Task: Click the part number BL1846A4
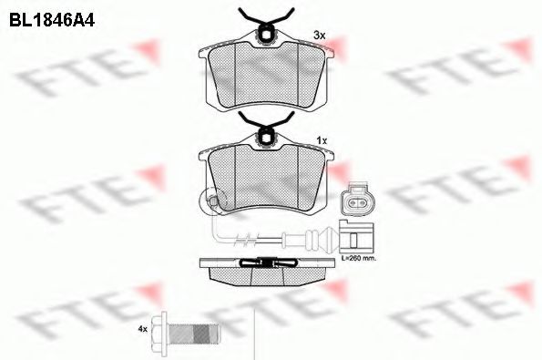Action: point(52,20)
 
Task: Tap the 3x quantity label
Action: point(320,36)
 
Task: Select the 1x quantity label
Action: point(322,140)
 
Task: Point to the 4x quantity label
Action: point(143,329)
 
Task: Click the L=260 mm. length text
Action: point(359,258)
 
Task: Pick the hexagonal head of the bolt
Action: point(160,328)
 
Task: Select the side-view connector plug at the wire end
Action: point(356,236)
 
